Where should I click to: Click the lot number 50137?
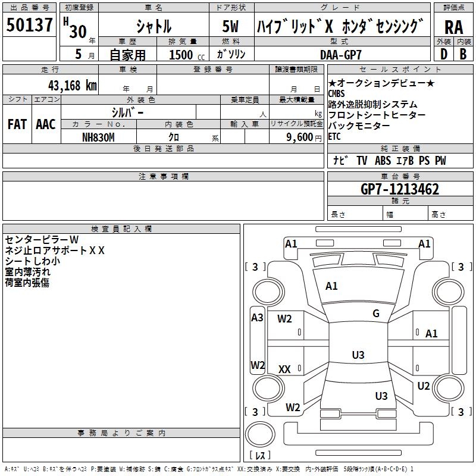(x=29, y=25)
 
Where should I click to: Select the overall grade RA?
(x=454, y=27)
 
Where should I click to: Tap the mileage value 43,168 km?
(x=73, y=86)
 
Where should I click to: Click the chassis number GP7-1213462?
(x=400, y=189)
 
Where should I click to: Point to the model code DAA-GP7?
(x=341, y=55)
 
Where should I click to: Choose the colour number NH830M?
(x=98, y=137)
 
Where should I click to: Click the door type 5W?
(x=230, y=26)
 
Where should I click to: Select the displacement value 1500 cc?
(x=187, y=55)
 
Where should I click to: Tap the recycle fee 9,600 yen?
(x=304, y=137)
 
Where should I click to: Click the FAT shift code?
(x=17, y=124)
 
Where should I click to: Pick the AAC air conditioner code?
(x=46, y=124)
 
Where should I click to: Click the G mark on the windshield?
(x=376, y=313)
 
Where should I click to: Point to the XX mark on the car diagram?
(x=284, y=369)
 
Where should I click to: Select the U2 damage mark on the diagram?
(x=424, y=386)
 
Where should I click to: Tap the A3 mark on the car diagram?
(x=257, y=318)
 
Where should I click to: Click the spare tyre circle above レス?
(x=260, y=434)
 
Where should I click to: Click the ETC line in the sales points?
(x=334, y=137)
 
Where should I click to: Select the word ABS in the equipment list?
(x=383, y=161)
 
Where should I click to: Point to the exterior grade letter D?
(x=444, y=54)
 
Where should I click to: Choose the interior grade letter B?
(x=463, y=54)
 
